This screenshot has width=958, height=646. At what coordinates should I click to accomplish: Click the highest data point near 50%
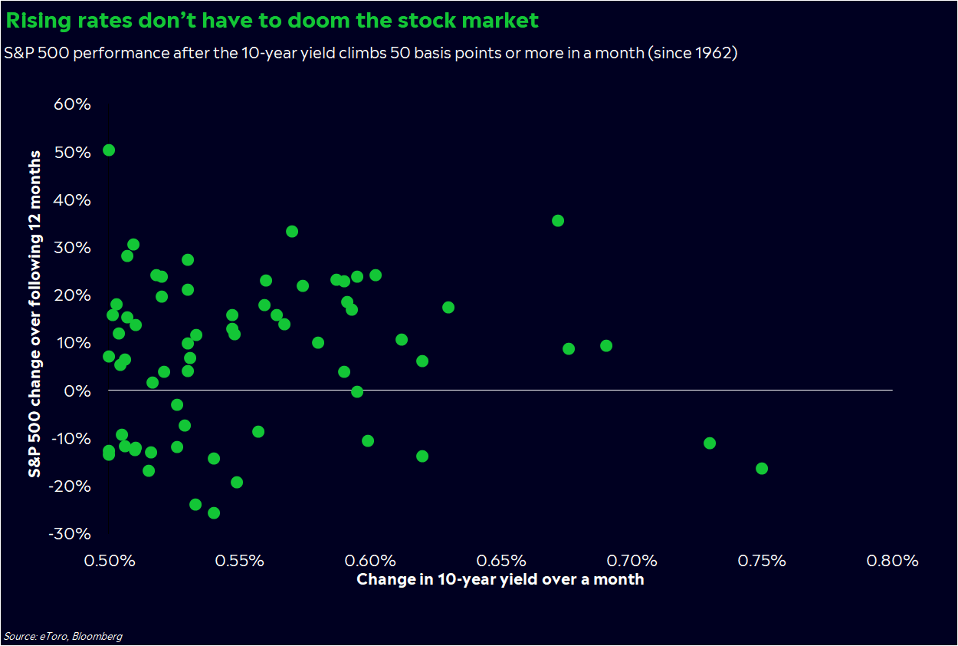109,150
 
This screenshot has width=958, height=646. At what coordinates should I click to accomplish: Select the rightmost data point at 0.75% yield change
761,469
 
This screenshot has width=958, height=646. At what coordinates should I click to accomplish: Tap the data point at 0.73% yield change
710,443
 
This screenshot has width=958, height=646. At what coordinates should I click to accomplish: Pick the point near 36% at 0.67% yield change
558,221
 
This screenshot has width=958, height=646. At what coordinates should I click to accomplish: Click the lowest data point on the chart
214,513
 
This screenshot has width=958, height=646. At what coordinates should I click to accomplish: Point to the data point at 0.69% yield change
606,346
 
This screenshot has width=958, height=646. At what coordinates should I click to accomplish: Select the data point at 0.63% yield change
448,308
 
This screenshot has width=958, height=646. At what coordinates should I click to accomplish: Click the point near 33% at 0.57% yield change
292,232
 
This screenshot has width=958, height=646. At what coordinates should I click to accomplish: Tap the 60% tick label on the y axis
72,104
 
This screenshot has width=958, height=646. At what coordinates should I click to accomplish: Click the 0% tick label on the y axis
78,391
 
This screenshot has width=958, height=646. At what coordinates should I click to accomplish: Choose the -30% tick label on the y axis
70,534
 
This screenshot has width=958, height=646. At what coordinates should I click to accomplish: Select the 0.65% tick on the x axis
500,560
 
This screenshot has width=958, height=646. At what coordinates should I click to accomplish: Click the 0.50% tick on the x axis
109,560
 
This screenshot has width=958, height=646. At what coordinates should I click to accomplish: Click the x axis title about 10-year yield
500,580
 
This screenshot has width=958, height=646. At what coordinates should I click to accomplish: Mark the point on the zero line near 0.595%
357,392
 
